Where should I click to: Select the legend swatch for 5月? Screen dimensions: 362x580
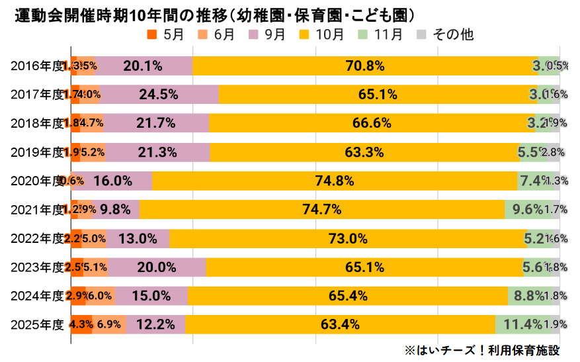point(152,34)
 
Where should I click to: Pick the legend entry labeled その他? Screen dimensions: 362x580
point(446,34)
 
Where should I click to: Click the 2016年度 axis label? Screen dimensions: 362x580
point(36,66)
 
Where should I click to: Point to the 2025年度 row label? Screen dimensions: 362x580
point(36,324)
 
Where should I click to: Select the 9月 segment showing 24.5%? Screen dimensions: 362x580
point(158,95)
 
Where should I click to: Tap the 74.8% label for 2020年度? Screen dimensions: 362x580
point(334,181)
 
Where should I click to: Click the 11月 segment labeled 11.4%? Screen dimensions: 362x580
point(522,324)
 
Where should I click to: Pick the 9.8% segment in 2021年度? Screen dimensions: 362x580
point(116,210)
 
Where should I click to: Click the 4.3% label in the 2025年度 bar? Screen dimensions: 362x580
point(81,324)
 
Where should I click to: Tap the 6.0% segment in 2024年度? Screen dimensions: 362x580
point(100,296)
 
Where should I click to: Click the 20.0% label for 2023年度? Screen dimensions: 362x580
point(157,267)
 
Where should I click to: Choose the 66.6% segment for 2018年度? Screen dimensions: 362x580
point(372,123)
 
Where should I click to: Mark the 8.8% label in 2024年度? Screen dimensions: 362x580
point(530,296)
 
